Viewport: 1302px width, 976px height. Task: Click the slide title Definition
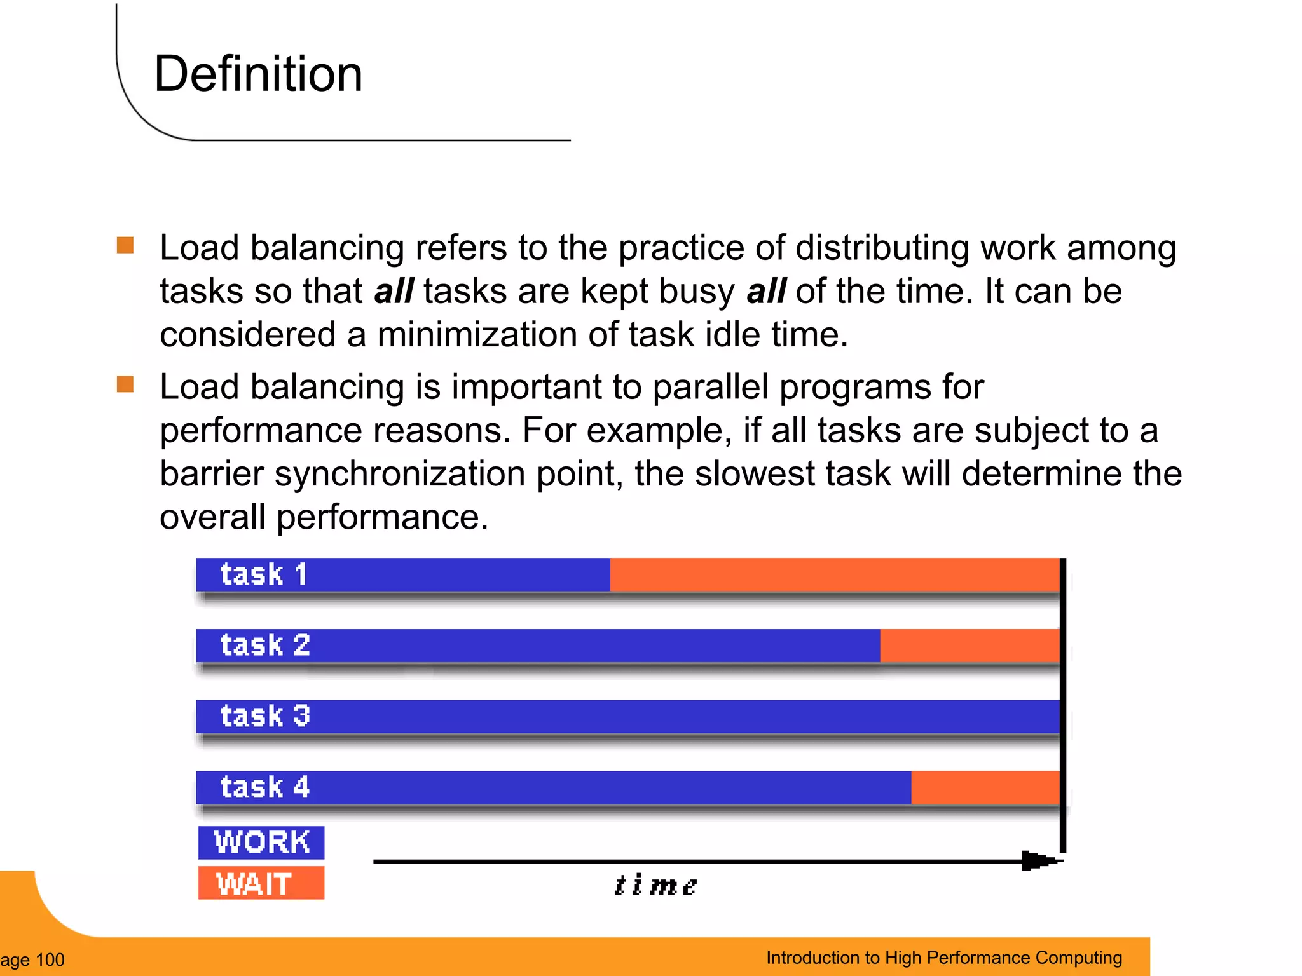(x=258, y=74)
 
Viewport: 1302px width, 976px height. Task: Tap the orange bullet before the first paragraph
(x=125, y=245)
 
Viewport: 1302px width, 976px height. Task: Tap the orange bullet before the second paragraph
(x=125, y=384)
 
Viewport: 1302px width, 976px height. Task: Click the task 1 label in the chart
(x=264, y=574)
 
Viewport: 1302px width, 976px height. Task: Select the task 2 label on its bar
(x=265, y=645)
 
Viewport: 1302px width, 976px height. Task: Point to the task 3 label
(x=265, y=716)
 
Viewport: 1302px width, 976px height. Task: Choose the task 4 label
(x=265, y=787)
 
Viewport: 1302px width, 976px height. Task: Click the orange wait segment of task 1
(x=834, y=574)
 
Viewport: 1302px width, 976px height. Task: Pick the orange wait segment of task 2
(x=969, y=646)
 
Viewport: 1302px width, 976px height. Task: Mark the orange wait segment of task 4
(x=984, y=787)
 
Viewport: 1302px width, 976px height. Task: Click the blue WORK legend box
(x=261, y=843)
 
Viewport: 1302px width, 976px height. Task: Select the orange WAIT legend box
(x=261, y=883)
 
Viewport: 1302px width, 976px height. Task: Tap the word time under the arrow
(x=655, y=885)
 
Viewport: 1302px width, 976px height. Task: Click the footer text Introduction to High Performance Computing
(x=944, y=958)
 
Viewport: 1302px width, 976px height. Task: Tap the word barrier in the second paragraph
(x=212, y=473)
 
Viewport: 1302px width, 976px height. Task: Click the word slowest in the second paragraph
(x=755, y=473)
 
